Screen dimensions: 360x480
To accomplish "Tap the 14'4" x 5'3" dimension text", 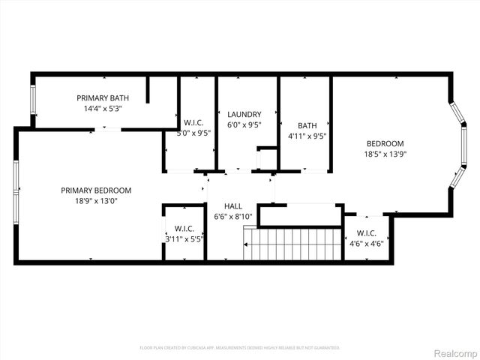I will click(103, 109).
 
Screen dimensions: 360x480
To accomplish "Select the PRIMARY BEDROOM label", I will click(96, 190).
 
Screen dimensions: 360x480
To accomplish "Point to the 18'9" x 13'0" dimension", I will click(96, 201).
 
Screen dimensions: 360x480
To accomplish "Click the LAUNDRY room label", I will click(244, 115).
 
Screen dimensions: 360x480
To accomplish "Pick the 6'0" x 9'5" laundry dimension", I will click(244, 125).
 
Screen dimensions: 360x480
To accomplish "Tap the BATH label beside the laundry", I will click(307, 126).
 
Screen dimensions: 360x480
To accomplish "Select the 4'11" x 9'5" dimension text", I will click(307, 136).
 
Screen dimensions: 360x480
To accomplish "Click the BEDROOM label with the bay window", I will click(385, 144).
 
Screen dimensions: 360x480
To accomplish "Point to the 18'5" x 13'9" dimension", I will click(385, 154).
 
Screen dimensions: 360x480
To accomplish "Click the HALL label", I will click(233, 205).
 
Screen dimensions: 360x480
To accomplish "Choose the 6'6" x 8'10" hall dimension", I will click(233, 216).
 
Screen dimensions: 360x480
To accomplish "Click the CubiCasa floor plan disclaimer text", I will click(240, 348).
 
